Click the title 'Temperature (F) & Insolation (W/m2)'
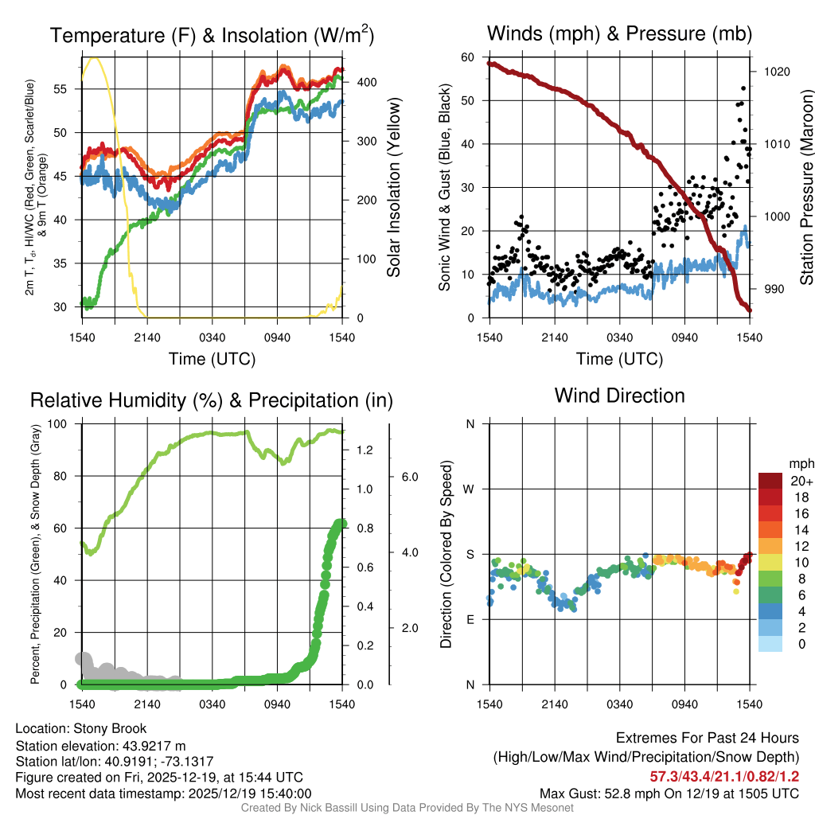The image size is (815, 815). [x=212, y=35]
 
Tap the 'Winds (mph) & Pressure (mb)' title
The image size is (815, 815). [x=619, y=33]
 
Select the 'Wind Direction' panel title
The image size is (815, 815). [x=619, y=395]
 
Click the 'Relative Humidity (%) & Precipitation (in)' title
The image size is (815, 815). [x=211, y=400]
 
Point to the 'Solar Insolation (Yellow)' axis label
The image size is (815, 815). [x=393, y=188]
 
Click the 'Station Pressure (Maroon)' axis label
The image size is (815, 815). [x=806, y=188]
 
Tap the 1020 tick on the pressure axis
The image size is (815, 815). [x=777, y=72]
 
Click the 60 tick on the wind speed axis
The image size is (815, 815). [x=468, y=57]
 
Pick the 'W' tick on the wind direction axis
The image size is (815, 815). [x=470, y=489]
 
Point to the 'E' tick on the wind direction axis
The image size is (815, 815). [x=470, y=620]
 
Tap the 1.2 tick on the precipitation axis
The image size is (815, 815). [x=365, y=450]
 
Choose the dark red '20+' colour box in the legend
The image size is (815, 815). [x=770, y=481]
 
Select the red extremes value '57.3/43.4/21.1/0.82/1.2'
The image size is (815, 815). [x=724, y=776]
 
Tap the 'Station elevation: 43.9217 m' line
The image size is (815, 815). [x=100, y=746]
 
